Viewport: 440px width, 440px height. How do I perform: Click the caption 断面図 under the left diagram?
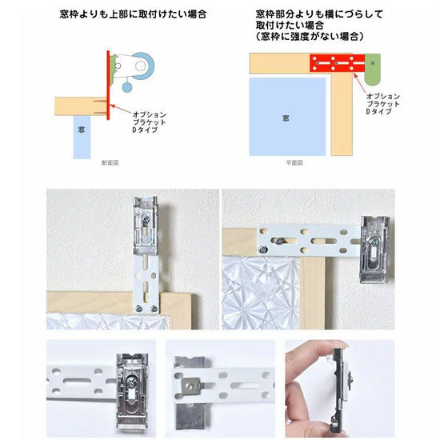pos(110,162)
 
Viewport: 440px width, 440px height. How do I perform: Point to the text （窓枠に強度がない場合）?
pos(310,37)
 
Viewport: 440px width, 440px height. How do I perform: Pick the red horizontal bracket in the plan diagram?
pos(337,63)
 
